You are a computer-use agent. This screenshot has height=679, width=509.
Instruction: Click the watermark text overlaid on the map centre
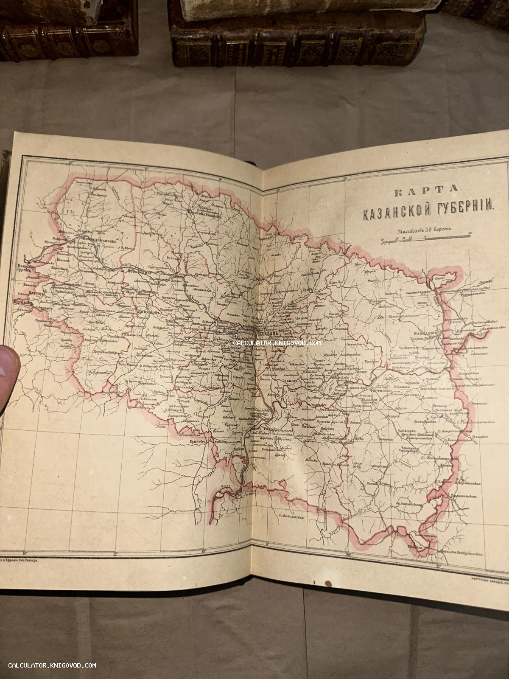coord(277,342)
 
